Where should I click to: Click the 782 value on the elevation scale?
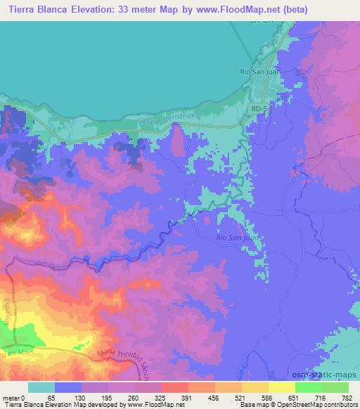click(x=347, y=398)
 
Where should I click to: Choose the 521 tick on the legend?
click(x=241, y=398)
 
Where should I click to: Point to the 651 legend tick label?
click(x=294, y=398)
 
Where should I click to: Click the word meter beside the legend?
click(x=11, y=398)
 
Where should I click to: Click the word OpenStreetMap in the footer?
click(x=313, y=405)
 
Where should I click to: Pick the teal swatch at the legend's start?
click(x=41, y=387)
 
